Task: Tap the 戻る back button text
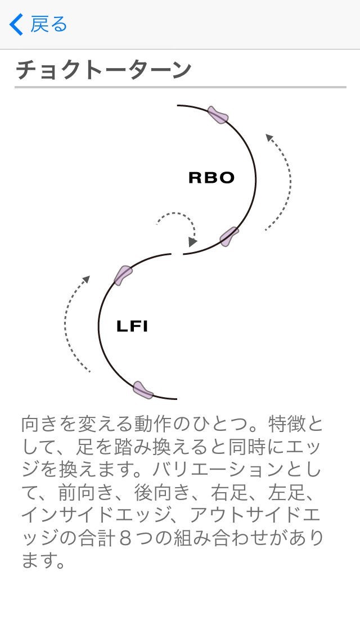(48, 25)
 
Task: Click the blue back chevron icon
(17, 25)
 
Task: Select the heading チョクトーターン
(103, 70)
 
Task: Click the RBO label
(211, 178)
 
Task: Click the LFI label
(132, 326)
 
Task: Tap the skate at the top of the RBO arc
(218, 115)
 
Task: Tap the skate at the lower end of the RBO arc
(229, 237)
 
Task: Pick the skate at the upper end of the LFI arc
(123, 275)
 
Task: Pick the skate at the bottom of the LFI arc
(143, 390)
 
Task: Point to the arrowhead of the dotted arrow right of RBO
(269, 137)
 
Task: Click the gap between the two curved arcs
(178, 254)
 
